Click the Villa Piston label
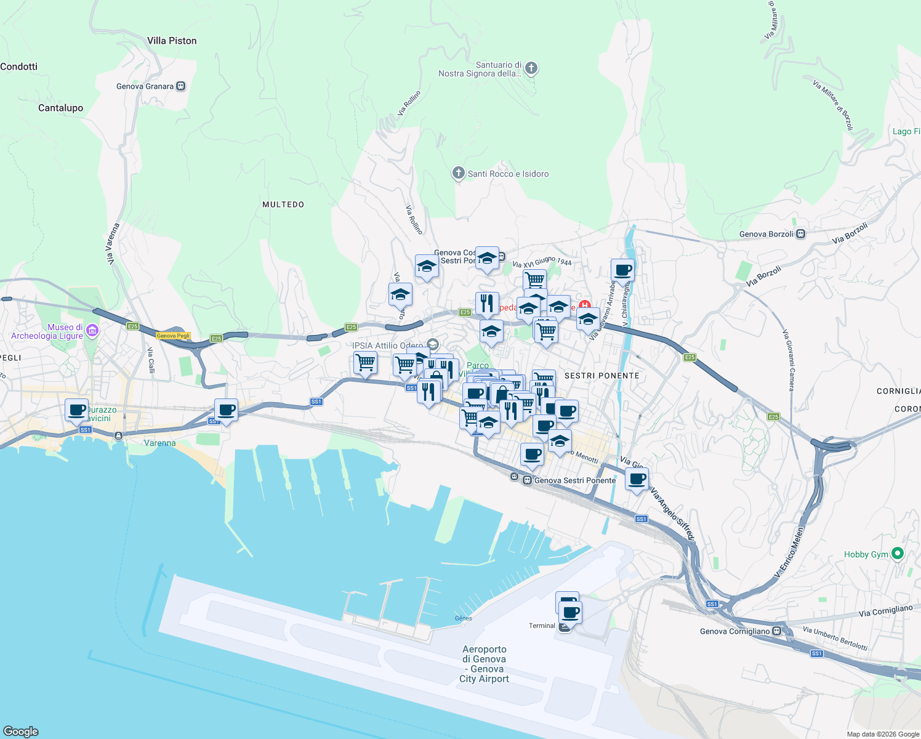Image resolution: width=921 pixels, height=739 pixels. tap(172, 41)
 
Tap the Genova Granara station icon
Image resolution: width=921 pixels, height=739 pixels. tap(180, 86)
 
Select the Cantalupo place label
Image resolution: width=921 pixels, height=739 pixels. tap(60, 108)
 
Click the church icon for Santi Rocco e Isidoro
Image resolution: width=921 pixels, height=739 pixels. tap(458, 173)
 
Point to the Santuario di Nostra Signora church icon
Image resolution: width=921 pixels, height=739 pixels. tap(531, 68)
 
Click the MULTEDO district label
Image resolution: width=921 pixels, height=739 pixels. tap(283, 204)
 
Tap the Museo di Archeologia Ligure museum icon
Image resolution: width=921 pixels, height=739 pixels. tap(92, 331)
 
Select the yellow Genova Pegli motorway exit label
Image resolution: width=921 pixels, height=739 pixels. tap(173, 336)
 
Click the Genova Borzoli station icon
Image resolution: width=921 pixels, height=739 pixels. tap(800, 233)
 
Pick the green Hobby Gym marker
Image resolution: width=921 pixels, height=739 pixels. tap(897, 554)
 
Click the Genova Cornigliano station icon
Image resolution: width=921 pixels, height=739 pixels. tap(777, 631)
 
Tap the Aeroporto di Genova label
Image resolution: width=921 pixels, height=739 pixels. tap(485, 664)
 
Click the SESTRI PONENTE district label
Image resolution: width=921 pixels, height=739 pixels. tap(601, 376)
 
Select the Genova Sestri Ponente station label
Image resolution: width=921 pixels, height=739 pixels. tap(574, 480)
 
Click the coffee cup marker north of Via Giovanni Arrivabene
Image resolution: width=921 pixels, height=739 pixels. tap(622, 270)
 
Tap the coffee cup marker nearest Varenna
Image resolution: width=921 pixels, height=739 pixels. tap(226, 410)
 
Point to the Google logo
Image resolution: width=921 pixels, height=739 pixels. tap(20, 732)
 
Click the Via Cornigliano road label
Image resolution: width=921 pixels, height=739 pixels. tap(885, 611)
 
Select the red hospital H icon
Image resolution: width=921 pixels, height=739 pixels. tap(584, 305)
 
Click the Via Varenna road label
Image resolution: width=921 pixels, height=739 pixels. tap(113, 244)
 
